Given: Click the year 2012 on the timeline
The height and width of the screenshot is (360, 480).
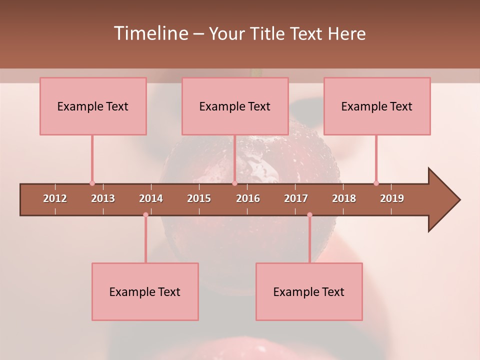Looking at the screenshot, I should (55, 198).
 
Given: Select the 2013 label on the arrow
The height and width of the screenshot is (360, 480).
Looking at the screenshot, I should (103, 198).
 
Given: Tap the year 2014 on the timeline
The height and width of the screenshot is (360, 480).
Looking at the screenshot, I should (151, 198).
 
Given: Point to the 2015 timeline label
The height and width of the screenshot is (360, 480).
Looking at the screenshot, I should (199, 198).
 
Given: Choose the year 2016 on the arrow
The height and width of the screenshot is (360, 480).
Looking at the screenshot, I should (248, 198).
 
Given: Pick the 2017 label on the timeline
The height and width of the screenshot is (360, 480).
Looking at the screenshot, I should (296, 198).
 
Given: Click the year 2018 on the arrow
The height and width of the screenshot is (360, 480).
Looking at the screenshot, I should (344, 198).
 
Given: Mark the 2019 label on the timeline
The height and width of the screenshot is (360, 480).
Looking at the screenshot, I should (392, 198).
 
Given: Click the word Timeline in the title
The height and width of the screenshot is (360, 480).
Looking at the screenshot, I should (150, 33).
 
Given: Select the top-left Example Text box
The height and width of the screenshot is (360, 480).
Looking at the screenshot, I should (93, 106).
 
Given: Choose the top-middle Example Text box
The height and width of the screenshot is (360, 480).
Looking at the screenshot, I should (235, 106).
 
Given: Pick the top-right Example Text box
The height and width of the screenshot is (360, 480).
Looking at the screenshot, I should (377, 106).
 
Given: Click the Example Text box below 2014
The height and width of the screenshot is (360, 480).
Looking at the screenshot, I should (145, 291).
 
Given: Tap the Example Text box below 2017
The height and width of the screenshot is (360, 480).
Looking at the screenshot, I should (309, 291).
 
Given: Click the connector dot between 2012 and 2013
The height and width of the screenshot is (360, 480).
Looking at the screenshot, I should (92, 183).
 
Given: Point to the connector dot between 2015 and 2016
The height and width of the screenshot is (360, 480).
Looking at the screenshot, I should (234, 183).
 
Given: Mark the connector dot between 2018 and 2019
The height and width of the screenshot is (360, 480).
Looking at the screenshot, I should (376, 183).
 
